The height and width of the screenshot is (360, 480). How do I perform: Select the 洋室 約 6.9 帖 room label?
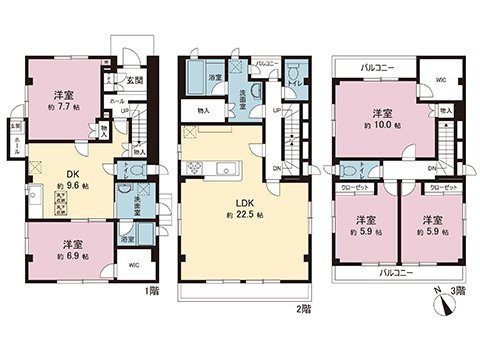pyautogui.click(x=71, y=249)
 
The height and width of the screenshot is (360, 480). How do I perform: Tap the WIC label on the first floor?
pyautogui.click(x=134, y=265)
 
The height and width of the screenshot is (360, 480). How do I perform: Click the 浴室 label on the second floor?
pyautogui.click(x=214, y=77)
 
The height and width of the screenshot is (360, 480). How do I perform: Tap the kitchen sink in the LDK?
pyautogui.click(x=226, y=167)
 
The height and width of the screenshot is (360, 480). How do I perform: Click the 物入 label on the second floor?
pyautogui.click(x=204, y=110)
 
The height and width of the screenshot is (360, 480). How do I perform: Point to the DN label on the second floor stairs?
pyautogui.click(x=277, y=168)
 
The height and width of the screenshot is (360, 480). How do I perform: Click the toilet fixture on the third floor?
pyautogui.click(x=351, y=171)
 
